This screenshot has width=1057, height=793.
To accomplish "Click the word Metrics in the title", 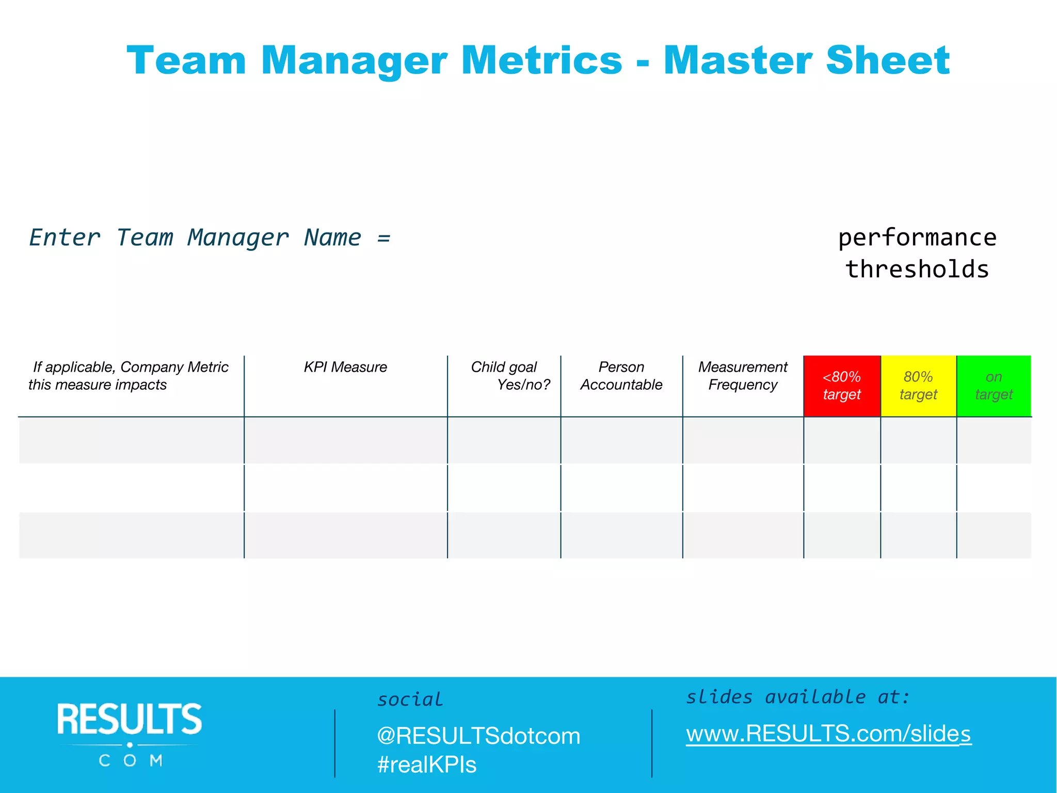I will coord(541,61).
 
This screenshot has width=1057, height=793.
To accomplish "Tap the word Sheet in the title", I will coord(887,61).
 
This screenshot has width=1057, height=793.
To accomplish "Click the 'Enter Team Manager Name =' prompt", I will coord(210,238).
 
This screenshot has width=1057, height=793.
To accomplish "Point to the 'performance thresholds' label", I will coord(917,253).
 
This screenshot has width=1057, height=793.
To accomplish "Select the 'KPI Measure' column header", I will coord(345,367).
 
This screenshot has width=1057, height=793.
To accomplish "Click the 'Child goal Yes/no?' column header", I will coord(510,376).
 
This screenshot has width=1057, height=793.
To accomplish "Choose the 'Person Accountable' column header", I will coord(621,376).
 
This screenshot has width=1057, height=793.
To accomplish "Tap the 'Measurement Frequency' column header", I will coord(743,376).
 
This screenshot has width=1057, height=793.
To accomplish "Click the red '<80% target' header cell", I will coord(842,386).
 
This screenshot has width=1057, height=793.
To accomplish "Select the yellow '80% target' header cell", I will coord(918,386).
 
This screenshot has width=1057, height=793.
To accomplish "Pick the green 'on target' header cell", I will coord(994,386).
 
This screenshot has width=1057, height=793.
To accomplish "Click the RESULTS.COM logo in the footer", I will coord(130,733).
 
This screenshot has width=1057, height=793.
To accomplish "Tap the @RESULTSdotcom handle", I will coord(478,736).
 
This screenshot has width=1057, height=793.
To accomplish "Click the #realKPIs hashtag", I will coord(427,765).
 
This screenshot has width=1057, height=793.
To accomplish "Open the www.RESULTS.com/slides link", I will coord(828,734).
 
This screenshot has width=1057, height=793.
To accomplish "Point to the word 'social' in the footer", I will coord(410,700).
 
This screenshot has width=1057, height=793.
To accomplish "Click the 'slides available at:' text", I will coord(797,697).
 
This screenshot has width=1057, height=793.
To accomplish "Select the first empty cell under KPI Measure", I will coord(345,440).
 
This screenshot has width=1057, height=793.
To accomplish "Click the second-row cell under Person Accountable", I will coord(621,488).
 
